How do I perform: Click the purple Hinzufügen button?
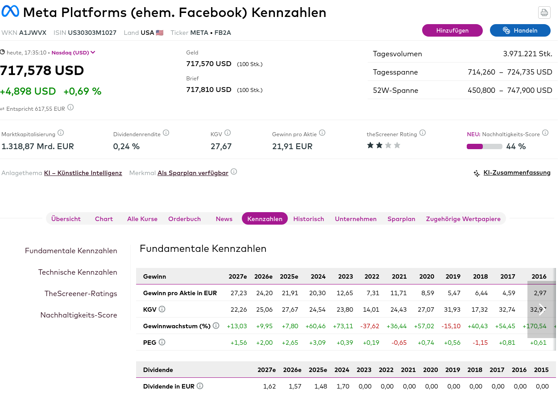pyautogui.click(x=452, y=30)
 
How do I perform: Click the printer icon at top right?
pyautogui.click(x=544, y=13)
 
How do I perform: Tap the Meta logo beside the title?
pyautogui.click(x=10, y=12)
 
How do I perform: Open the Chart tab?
pyautogui.click(x=104, y=219)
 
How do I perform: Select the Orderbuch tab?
pyautogui.click(x=184, y=219)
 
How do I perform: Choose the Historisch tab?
pyautogui.click(x=308, y=219)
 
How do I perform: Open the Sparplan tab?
pyautogui.click(x=401, y=219)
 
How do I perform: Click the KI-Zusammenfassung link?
pyautogui.click(x=517, y=173)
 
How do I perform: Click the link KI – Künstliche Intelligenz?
pyautogui.click(x=83, y=173)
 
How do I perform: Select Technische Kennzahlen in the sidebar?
pyautogui.click(x=78, y=272)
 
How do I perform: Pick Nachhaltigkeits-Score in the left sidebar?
pyautogui.click(x=79, y=315)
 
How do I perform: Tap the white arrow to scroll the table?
pyautogui.click(x=542, y=309)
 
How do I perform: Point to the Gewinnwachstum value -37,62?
pyautogui.click(x=369, y=326)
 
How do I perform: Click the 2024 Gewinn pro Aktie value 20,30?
pyautogui.click(x=318, y=293)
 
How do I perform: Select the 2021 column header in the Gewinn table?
pyautogui.click(x=399, y=276)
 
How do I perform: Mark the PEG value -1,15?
pyautogui.click(x=480, y=343)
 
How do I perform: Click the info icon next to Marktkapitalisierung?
pyautogui.click(x=61, y=133)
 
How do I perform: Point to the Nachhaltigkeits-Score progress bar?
pyautogui.click(x=484, y=146)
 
